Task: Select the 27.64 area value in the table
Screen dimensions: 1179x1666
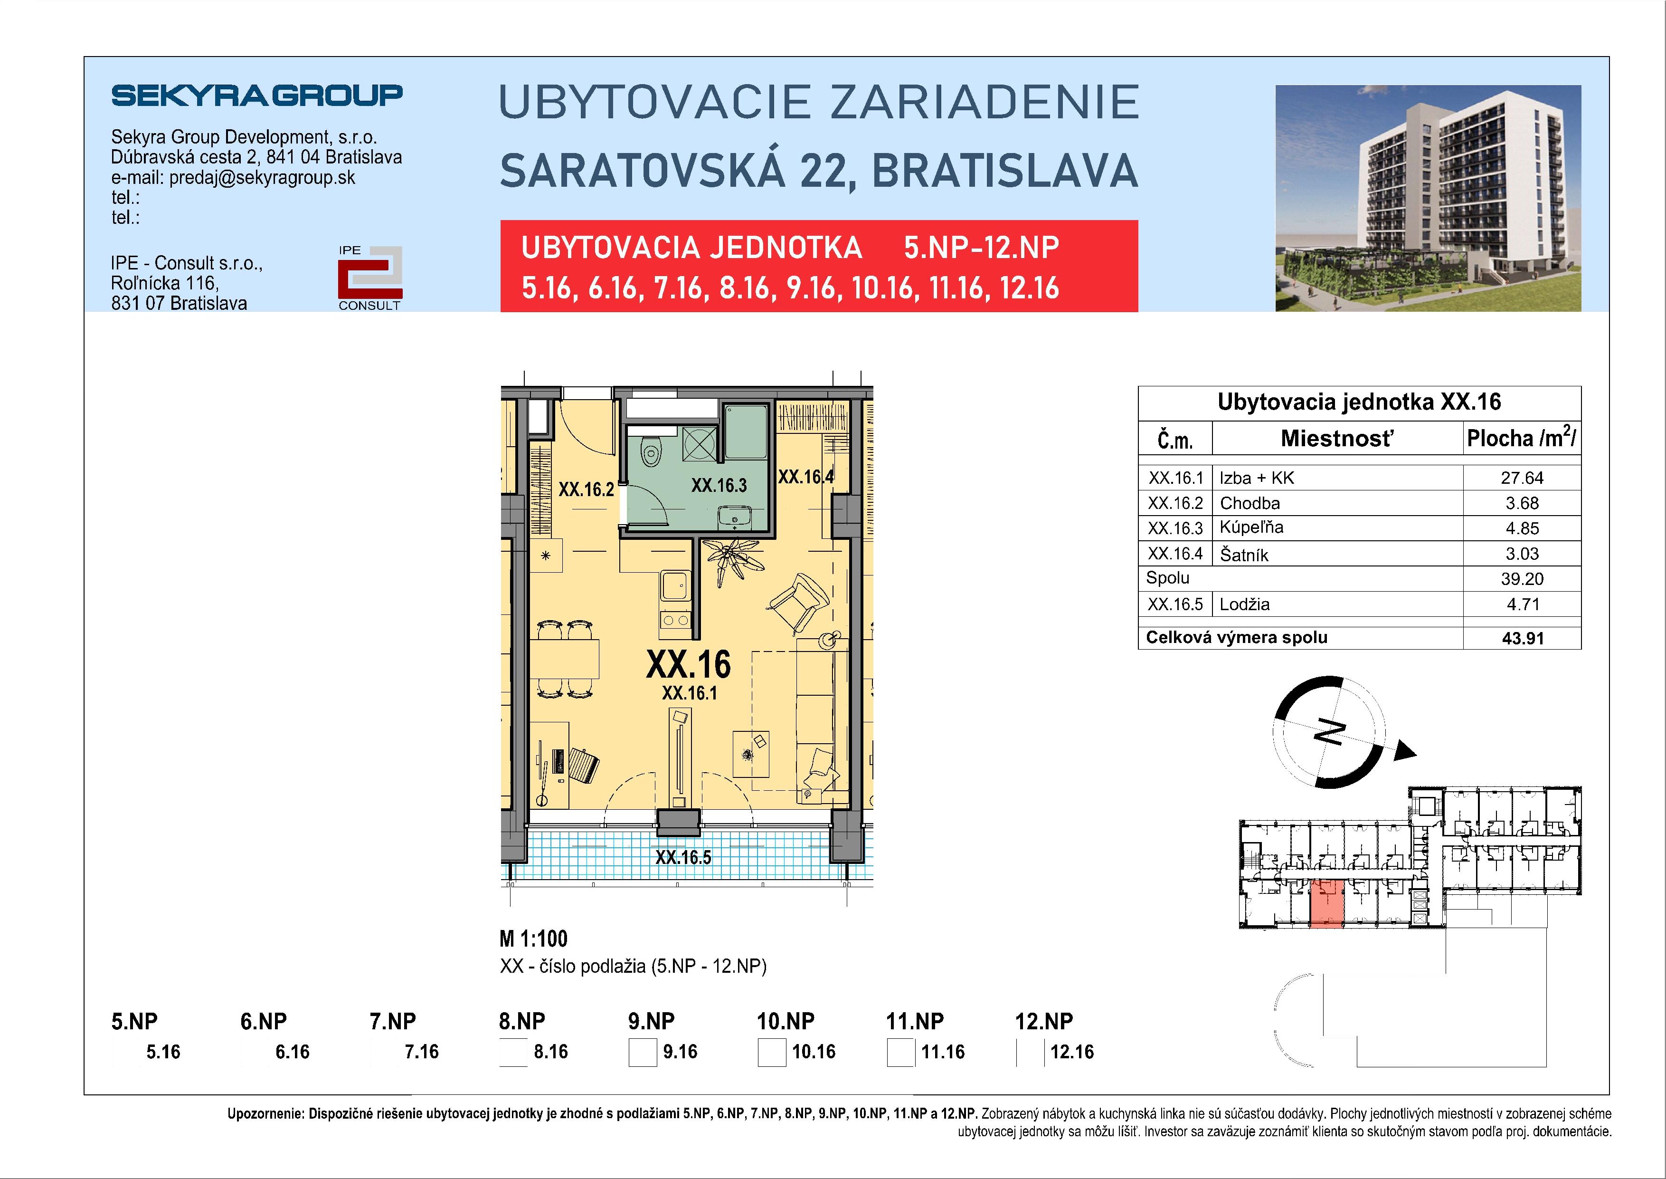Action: pos(1522,478)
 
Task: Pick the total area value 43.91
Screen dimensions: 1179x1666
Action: pos(1522,638)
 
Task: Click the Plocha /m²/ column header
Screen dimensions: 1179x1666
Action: pos(1521,439)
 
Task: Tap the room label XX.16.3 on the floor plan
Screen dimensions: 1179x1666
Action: pos(719,485)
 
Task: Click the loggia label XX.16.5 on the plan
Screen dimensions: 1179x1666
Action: pos(683,857)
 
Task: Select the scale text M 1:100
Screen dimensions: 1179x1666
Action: pos(533,939)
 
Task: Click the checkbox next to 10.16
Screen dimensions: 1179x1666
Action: pos(771,1053)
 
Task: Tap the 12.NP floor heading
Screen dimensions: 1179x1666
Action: pos(1043,1021)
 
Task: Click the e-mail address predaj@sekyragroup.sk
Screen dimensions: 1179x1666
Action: pos(262,178)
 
